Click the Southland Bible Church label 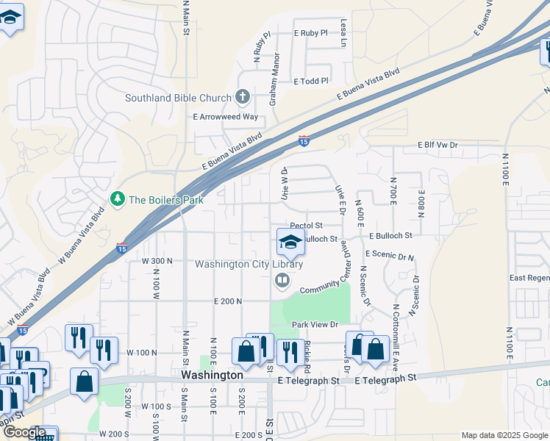178,98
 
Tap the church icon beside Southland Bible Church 243,97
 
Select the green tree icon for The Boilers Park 117,199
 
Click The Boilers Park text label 166,199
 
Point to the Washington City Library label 249,264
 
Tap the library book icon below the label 282,280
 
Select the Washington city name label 212,375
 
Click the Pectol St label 307,226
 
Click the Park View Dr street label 314,324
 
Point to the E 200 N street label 228,301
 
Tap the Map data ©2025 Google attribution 504,435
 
